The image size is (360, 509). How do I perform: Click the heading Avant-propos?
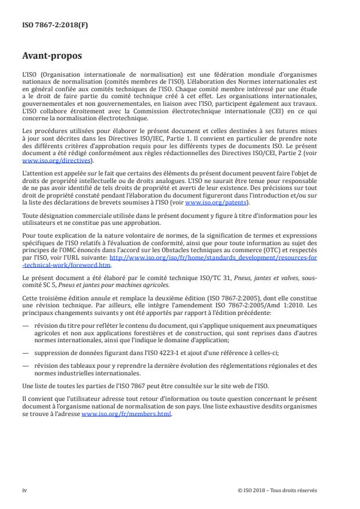point(51,57)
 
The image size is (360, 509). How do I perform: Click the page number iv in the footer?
point(24,490)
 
